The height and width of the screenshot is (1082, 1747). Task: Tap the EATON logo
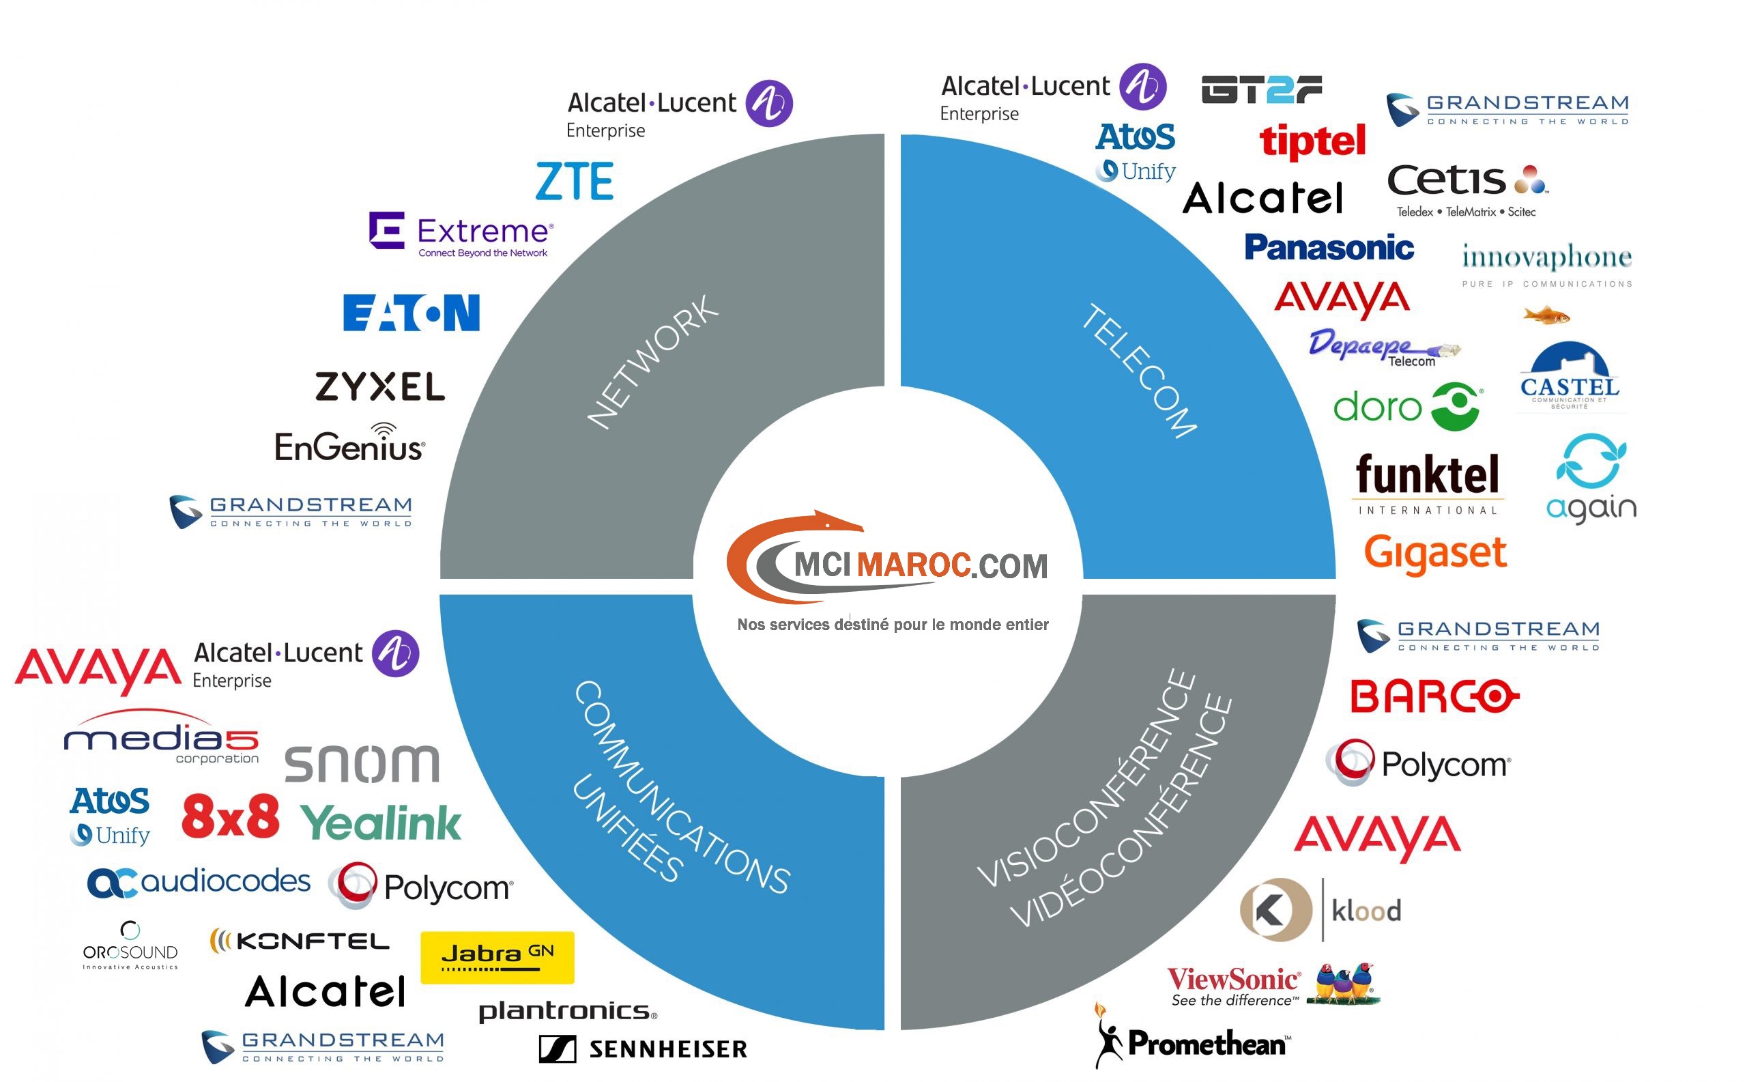tap(412, 313)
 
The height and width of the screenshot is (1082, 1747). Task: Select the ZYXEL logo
tap(380, 386)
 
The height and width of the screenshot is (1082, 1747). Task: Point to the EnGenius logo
tap(350, 444)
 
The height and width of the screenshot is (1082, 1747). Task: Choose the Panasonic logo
tap(1329, 248)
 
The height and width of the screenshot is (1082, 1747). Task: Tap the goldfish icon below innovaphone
tap(1546, 315)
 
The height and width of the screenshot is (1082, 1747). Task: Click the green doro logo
tap(1407, 406)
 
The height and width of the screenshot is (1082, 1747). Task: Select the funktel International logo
tap(1428, 483)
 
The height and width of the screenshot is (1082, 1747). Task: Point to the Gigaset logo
tap(1435, 553)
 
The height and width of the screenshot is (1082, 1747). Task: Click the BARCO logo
tap(1434, 696)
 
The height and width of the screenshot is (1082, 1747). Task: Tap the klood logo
tap(1320, 909)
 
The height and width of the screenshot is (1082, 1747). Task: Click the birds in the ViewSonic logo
tap(1343, 983)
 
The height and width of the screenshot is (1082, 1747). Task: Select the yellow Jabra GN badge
tap(497, 957)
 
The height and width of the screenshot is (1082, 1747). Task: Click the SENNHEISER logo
tap(642, 1049)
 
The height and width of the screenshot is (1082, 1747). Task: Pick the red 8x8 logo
tap(231, 816)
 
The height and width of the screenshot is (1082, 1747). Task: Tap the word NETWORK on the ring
tap(652, 362)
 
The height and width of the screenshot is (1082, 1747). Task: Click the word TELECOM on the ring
tap(1138, 371)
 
